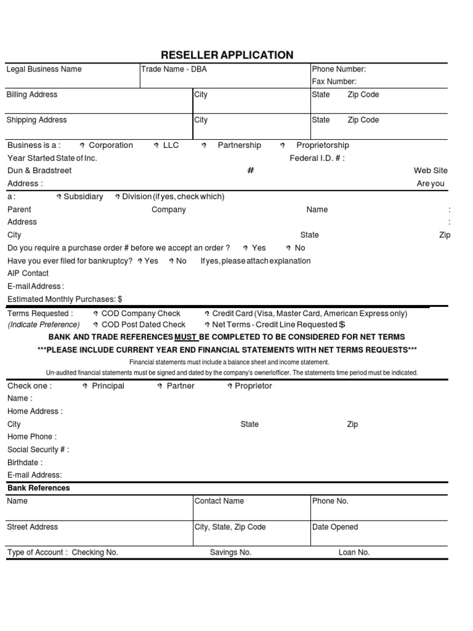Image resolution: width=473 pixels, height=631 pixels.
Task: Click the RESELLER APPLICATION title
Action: [x=227, y=55]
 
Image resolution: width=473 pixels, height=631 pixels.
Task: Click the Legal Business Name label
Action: [x=44, y=69]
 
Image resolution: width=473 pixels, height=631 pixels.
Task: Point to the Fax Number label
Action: [x=334, y=81]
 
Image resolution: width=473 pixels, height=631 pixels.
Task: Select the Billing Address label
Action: [x=31, y=94]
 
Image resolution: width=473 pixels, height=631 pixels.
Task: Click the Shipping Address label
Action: [x=36, y=120]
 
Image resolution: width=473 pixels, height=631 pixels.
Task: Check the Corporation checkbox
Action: [x=83, y=146]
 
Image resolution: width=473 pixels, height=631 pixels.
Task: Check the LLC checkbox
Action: [x=156, y=146]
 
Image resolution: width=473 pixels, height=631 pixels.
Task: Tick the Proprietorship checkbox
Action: [x=283, y=146]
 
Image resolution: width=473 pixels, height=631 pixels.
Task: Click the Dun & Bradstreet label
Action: [x=39, y=171]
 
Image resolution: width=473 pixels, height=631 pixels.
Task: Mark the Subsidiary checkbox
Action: [x=59, y=197]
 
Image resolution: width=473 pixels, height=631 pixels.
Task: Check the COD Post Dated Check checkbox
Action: [x=95, y=325]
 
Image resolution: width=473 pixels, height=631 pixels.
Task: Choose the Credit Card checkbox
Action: [x=207, y=314]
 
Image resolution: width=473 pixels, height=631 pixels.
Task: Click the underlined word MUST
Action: [x=186, y=337]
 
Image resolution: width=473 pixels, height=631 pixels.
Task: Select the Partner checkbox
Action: [x=160, y=386]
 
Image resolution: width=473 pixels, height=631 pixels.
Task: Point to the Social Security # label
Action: [x=38, y=450]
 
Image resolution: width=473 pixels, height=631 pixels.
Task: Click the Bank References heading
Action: [x=38, y=488]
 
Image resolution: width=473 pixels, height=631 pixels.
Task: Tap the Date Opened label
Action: [x=335, y=527]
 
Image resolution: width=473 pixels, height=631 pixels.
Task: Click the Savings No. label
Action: [x=230, y=552]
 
